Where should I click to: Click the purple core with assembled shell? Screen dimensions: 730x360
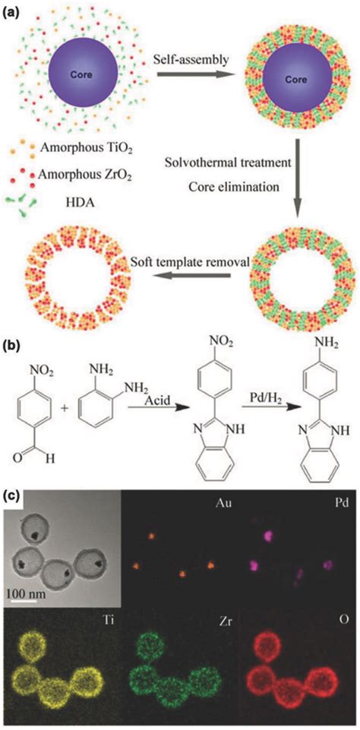pyautogui.click(x=297, y=79)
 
